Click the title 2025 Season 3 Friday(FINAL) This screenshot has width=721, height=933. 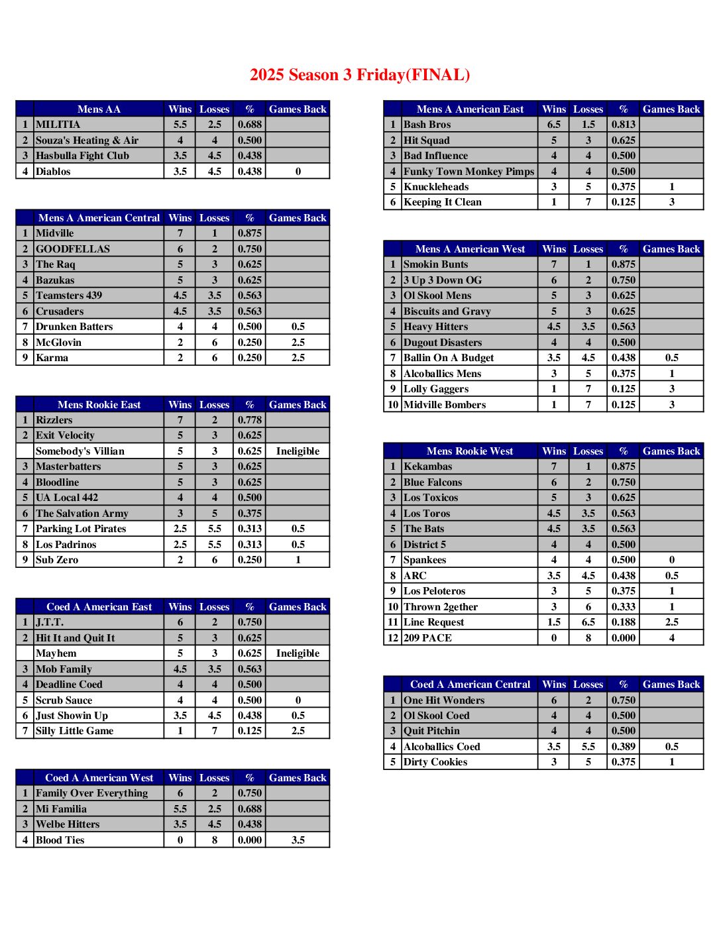point(360,75)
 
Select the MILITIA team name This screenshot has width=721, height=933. point(58,125)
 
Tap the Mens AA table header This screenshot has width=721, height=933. point(99,109)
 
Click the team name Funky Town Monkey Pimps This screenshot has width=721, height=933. point(469,172)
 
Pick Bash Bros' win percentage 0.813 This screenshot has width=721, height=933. point(623,125)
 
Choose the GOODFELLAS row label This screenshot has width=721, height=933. point(73,249)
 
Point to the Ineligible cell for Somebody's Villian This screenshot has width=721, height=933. point(298,451)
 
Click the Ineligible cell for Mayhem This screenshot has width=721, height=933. point(298,653)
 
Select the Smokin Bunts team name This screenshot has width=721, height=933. point(435,264)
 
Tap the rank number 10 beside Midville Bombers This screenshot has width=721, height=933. point(393,405)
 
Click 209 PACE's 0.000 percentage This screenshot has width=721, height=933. point(623,638)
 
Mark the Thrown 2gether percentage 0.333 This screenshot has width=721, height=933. point(623,607)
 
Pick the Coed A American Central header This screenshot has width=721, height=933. point(470,685)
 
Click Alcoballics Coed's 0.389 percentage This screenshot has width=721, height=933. point(623,747)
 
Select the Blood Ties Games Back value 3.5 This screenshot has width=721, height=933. point(298,840)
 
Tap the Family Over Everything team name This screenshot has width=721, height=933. point(91,793)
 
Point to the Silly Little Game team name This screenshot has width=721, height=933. point(74,731)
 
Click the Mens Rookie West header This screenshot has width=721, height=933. point(470,451)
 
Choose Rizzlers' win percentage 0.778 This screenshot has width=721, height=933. point(250,420)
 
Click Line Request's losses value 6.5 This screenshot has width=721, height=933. point(588,622)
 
